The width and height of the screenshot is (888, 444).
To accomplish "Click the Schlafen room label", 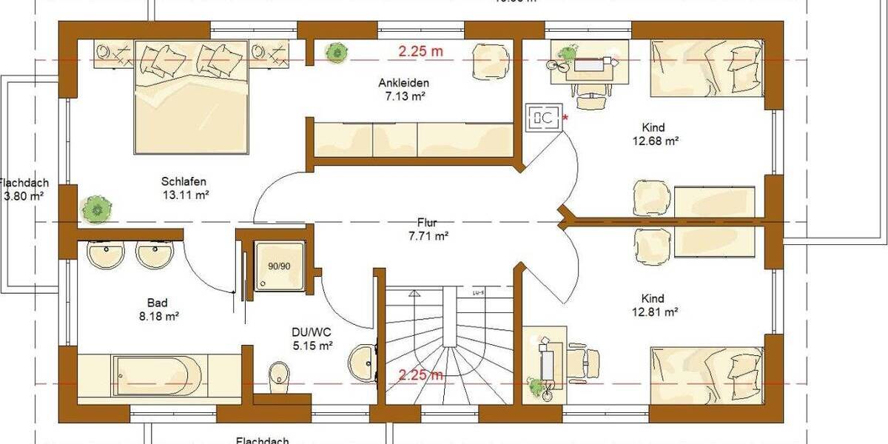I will (184, 181).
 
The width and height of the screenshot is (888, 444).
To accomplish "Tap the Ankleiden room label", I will (403, 83).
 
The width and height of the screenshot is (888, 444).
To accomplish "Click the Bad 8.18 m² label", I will (157, 303).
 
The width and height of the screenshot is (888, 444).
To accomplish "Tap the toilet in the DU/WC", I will (279, 374).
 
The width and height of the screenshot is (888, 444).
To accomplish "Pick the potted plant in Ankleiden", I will (337, 53).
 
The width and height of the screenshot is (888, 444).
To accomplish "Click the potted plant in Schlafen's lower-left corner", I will (97, 208).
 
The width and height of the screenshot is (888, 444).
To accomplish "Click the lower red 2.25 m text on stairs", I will (420, 374).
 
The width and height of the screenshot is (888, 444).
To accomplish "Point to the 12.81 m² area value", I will (656, 312).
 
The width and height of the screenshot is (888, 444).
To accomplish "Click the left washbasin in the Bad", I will (105, 255).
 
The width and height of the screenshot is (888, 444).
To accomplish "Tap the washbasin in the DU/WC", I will (363, 362).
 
